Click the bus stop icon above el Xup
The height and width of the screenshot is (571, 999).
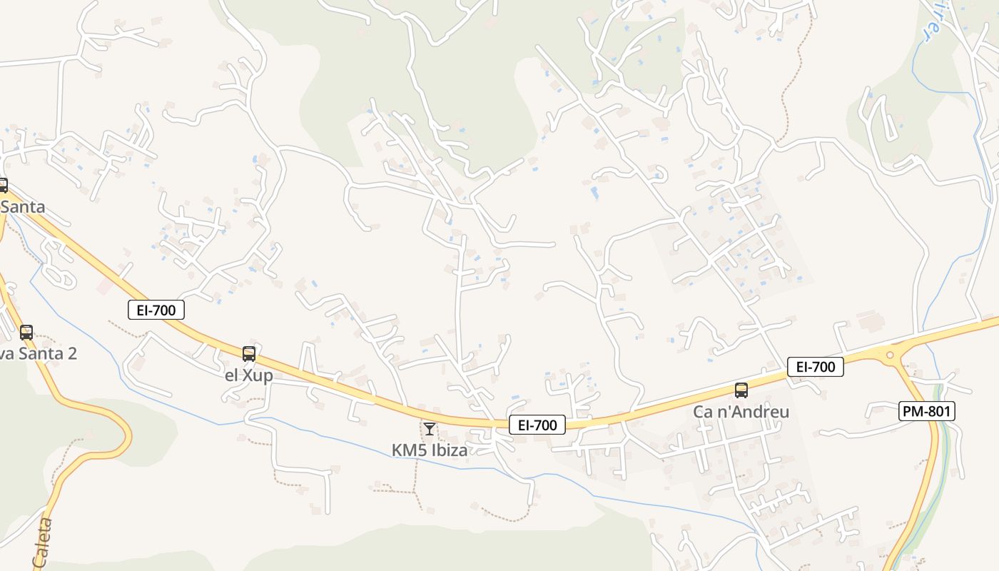tap(249, 353)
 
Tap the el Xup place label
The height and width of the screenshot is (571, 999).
tap(249, 375)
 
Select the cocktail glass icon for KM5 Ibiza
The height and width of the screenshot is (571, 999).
tap(430, 428)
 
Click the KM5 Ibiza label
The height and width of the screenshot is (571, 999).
tap(430, 450)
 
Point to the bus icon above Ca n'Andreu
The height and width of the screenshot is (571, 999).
tap(741, 390)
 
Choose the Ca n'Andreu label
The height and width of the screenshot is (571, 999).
tap(741, 413)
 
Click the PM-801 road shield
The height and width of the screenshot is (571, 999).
tap(926, 410)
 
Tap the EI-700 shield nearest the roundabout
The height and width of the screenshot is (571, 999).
tap(816, 367)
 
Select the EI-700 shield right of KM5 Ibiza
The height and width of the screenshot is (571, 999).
tap(537, 425)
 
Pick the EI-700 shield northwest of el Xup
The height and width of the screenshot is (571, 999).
tap(156, 309)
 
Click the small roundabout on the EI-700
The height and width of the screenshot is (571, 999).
tap(890, 355)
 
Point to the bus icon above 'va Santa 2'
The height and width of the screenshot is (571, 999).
tap(26, 332)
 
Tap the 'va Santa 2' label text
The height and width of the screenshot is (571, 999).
tap(39, 353)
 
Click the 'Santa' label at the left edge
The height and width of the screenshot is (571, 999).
tap(23, 207)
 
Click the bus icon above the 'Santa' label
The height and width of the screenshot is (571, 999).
tap(3, 186)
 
